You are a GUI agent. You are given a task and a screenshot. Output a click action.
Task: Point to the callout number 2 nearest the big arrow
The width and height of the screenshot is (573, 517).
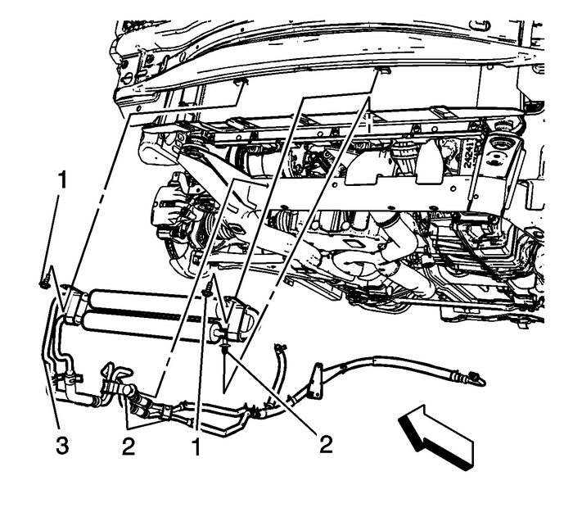point(326,444)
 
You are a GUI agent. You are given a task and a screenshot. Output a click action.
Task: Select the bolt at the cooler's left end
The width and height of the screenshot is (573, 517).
point(42,284)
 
